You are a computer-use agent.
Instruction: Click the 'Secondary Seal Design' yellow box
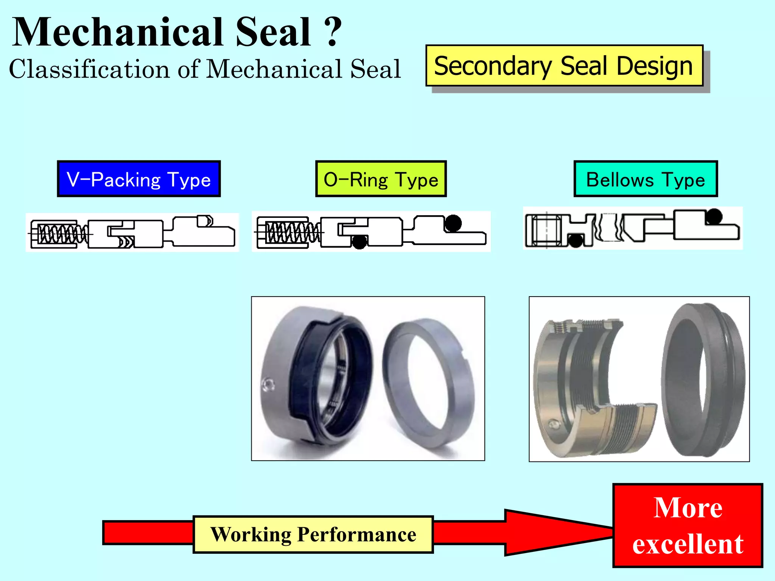564,66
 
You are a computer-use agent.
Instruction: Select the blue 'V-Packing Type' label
139,179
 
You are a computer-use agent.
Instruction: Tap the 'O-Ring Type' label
381,179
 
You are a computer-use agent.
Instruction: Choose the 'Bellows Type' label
645,179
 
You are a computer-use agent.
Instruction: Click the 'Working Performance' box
313,534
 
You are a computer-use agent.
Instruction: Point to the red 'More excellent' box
688,525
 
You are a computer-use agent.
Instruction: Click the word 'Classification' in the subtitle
89,69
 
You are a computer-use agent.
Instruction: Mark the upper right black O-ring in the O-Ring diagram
453,222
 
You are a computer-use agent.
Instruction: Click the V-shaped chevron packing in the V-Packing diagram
127,241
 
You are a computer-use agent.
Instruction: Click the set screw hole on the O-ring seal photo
268,384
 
